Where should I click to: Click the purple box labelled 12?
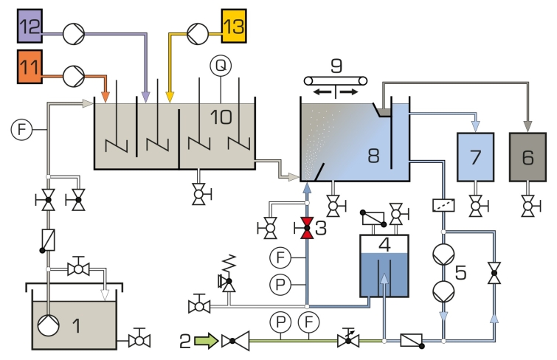coord(30,26)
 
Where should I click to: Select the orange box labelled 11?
coord(30,67)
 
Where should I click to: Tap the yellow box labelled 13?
coord(234,26)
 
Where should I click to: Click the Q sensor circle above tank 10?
coord(221,66)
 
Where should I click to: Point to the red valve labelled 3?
coord(307,228)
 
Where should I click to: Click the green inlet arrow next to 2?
coord(207,341)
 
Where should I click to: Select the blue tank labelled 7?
coord(475,157)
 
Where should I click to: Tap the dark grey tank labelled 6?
coord(527,157)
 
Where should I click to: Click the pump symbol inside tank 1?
coord(48,325)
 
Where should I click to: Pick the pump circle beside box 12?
coord(74,34)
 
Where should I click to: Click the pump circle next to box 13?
coord(198,34)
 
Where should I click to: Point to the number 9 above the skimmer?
coord(336,66)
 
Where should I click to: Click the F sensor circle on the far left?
coord(21,129)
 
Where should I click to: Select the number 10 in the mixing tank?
coord(221,117)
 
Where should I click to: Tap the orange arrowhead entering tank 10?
coord(105,97)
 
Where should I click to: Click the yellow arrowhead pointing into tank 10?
coord(170,97)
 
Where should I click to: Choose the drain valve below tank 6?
coord(529,205)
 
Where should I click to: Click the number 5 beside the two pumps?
coord(460,272)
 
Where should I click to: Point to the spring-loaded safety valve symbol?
coord(228,273)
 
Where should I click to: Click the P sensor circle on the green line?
coord(280,322)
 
